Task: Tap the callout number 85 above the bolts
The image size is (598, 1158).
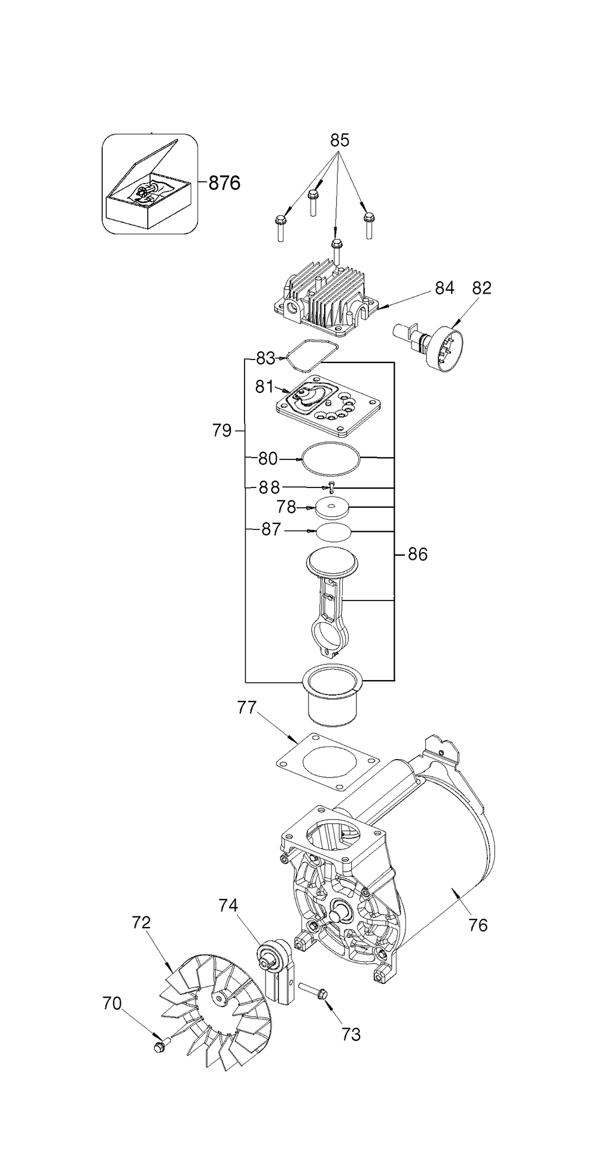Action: coord(340,141)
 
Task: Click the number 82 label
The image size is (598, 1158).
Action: coord(481,288)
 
